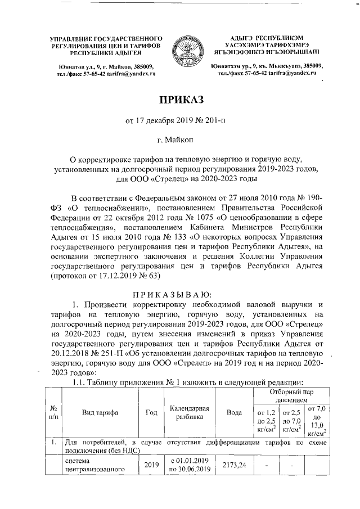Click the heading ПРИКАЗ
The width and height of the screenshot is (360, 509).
point(179,101)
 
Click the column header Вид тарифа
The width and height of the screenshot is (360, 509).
point(99,412)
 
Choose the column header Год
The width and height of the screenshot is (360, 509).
point(151,412)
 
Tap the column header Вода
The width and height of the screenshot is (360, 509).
point(234,412)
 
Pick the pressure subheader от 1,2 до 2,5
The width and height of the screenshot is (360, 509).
point(264,421)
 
